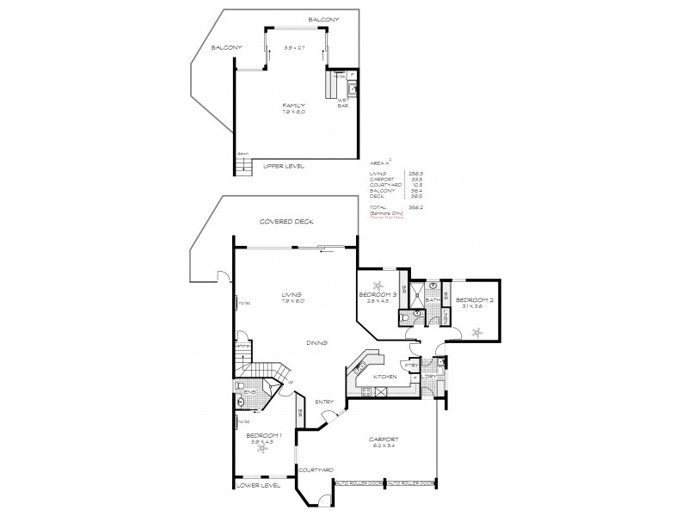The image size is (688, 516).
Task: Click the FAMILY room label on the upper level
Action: pyautogui.click(x=293, y=106)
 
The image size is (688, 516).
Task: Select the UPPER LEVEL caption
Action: pyautogui.click(x=284, y=165)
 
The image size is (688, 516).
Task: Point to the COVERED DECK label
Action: pyautogui.click(x=286, y=222)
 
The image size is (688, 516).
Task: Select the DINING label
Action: pyautogui.click(x=316, y=342)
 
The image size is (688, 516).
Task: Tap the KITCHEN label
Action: pyautogui.click(x=384, y=377)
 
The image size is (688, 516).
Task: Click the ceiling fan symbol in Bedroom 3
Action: pyautogui.click(x=377, y=286)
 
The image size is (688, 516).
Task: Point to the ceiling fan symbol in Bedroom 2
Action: pyautogui.click(x=479, y=332)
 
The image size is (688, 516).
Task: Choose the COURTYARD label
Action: pyautogui.click(x=316, y=470)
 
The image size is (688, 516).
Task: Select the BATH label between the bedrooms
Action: pyautogui.click(x=432, y=300)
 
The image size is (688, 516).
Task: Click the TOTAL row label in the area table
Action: pyautogui.click(x=377, y=208)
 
